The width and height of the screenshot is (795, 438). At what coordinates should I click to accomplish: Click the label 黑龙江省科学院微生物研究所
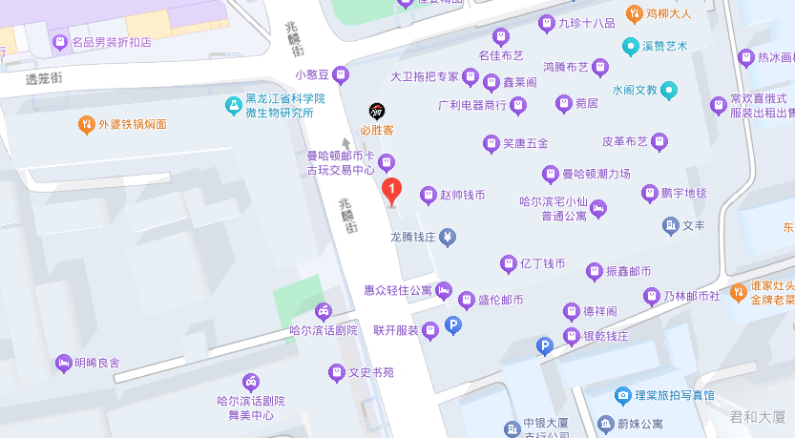click(285, 106)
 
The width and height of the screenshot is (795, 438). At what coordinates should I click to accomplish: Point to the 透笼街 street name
click(45, 79)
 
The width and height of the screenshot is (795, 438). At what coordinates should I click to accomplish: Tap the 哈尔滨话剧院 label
click(323, 330)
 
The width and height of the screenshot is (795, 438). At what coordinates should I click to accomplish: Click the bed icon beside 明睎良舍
click(63, 363)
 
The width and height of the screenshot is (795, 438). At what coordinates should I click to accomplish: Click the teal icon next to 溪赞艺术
click(630, 46)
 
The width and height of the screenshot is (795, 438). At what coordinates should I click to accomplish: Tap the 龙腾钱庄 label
click(413, 236)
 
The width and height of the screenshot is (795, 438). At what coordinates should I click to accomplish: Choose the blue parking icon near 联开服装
click(454, 326)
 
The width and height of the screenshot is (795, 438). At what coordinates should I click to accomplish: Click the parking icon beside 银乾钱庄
click(545, 346)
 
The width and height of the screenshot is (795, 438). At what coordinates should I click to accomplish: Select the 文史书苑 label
click(371, 372)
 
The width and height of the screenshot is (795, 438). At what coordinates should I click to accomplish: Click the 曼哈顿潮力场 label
click(596, 174)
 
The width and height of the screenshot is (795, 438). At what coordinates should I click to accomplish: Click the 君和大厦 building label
click(757, 416)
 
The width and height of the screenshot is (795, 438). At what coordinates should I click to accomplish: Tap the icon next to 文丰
click(670, 225)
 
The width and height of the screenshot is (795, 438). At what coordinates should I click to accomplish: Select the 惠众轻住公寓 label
click(398, 289)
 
